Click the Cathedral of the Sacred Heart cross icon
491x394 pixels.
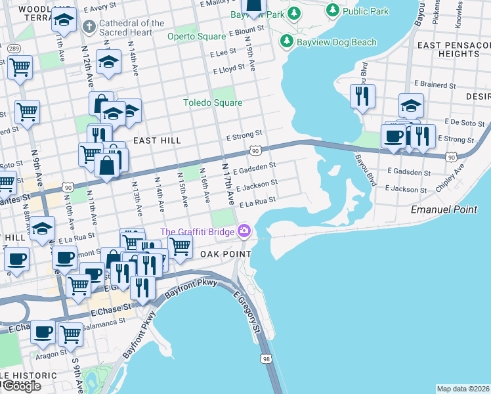click(x=89, y=27)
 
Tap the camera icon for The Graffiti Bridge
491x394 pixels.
click(x=245, y=230)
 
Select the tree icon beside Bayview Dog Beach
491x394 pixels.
click(x=286, y=42)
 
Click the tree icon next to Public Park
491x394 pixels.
click(x=333, y=11)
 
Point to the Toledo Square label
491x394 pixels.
click(x=212, y=102)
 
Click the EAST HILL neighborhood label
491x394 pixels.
click(x=156, y=141)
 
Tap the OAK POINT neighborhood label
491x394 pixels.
click(x=226, y=254)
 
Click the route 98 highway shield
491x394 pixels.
click(x=266, y=359)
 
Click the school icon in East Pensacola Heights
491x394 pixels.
click(x=411, y=104)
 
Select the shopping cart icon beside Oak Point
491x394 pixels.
click(x=180, y=247)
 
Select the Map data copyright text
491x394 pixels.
click(x=463, y=389)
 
